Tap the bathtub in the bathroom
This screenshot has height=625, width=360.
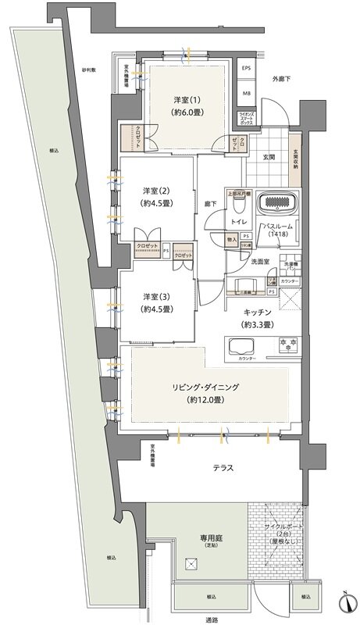click(278, 204)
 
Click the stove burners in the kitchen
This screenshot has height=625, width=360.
click(287, 345)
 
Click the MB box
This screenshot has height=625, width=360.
click(248, 94)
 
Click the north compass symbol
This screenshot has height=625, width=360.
click(344, 603)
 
